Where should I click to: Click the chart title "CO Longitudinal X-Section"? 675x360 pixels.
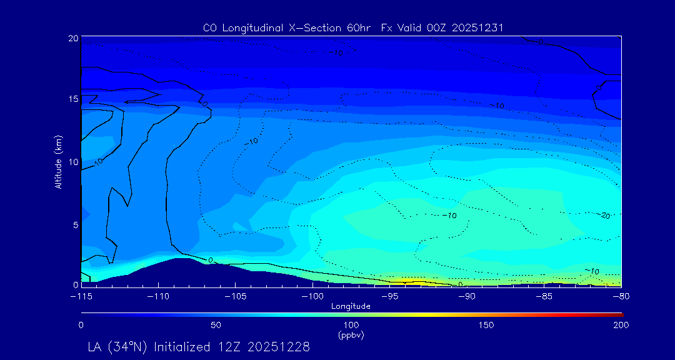272,28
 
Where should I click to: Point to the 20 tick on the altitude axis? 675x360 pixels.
73,38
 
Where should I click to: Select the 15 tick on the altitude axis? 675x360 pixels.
73,99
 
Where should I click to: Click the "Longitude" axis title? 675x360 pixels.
351,306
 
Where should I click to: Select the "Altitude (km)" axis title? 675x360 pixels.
59,161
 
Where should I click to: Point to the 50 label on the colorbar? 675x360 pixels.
216,325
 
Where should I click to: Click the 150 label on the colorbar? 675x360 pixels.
486,325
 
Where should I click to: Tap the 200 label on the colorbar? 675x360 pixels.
621,325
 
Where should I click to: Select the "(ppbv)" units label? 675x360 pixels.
351,335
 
